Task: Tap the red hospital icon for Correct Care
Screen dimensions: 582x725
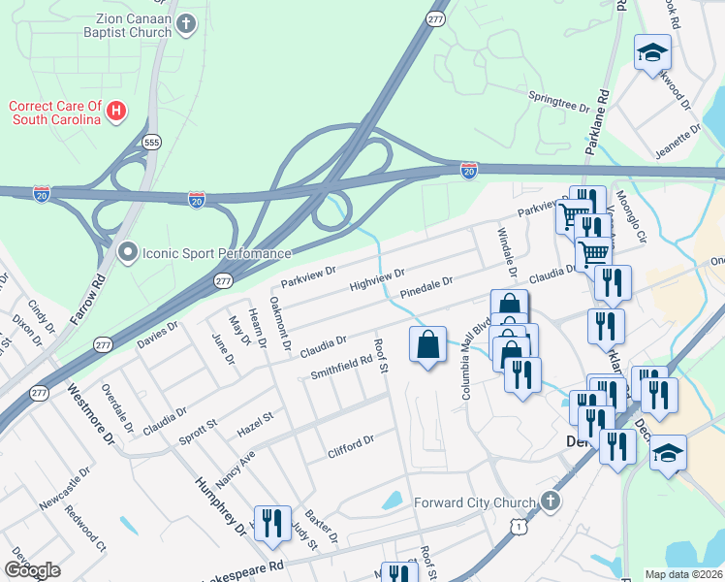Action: [x=115, y=112]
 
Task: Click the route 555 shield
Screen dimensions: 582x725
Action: [x=151, y=141]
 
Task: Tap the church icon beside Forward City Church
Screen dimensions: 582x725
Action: [x=550, y=502]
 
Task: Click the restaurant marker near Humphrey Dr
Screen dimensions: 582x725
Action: [x=271, y=524]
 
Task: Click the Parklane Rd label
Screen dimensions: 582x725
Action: [x=603, y=113]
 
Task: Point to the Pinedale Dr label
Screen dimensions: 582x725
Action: [x=426, y=288]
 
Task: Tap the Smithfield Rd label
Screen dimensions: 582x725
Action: [x=342, y=367]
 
